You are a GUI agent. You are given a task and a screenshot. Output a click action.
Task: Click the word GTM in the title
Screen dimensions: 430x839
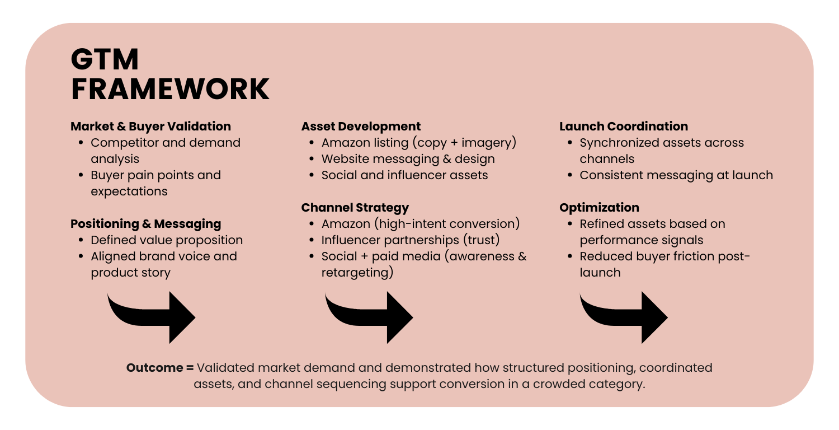coord(105,60)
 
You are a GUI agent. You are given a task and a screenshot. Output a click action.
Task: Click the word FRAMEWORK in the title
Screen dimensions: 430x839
coord(170,89)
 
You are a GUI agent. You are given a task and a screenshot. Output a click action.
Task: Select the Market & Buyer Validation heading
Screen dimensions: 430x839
coord(150,127)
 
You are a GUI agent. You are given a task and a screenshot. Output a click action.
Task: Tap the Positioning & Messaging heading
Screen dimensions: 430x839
coord(145,224)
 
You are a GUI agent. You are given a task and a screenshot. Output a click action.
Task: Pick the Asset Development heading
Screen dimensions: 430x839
coord(361,127)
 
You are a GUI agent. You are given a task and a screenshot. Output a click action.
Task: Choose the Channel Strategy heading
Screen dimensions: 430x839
coord(355,208)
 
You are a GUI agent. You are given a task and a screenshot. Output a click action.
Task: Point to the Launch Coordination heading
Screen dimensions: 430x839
coord(624,127)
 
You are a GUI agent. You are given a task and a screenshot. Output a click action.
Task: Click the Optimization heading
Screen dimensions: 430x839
coord(599,208)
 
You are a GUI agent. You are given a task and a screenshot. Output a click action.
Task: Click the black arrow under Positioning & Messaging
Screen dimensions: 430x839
coord(154,316)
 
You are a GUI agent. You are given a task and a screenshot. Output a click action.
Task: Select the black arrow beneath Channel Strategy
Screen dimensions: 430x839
coord(371,316)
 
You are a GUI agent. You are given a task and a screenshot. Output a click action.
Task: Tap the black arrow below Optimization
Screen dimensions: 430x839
coord(626,316)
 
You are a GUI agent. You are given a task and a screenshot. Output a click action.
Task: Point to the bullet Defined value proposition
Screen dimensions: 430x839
coord(167,240)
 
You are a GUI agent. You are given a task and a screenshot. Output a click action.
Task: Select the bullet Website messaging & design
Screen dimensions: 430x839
coord(408,159)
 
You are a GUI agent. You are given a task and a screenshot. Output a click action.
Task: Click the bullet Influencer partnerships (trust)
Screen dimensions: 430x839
coord(410,240)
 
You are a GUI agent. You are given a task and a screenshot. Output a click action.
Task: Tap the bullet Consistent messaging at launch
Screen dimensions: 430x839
coord(676,175)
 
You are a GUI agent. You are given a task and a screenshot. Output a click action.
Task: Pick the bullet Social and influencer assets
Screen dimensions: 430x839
coord(404,175)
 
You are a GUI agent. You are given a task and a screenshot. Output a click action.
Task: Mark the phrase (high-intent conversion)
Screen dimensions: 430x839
coord(448,224)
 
